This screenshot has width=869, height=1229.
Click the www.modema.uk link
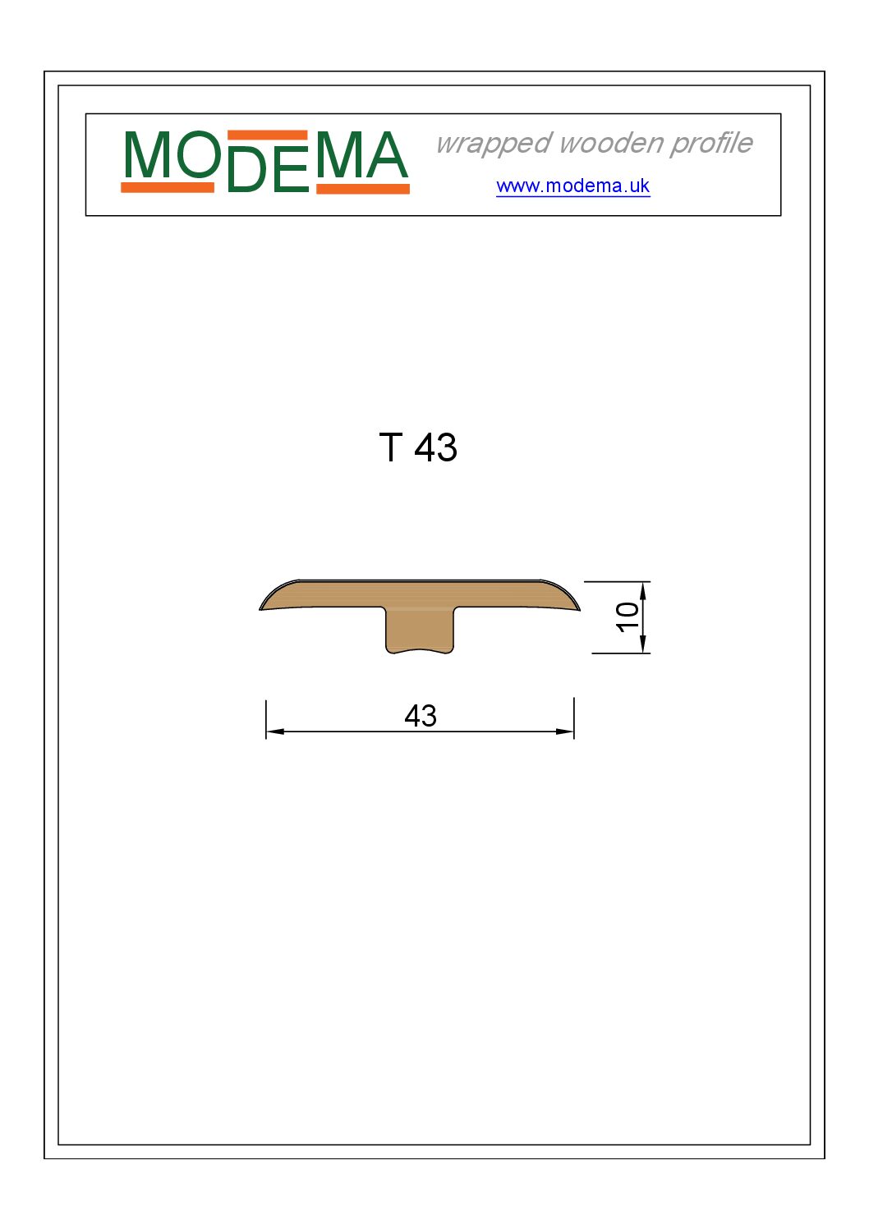pos(572,186)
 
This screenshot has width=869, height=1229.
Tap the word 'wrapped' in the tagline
pos(494,144)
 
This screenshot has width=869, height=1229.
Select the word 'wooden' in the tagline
pos(611,143)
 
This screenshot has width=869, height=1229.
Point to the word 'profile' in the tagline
pos(711,144)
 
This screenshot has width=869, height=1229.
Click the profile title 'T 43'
pos(418,447)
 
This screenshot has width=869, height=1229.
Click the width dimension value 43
pos(421,716)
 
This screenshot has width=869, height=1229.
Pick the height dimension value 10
pos(628,617)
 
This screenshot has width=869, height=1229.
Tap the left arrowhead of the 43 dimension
pos(275,731)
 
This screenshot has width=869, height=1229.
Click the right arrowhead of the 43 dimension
pos(565,731)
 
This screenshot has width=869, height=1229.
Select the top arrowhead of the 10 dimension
pos(643,591)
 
